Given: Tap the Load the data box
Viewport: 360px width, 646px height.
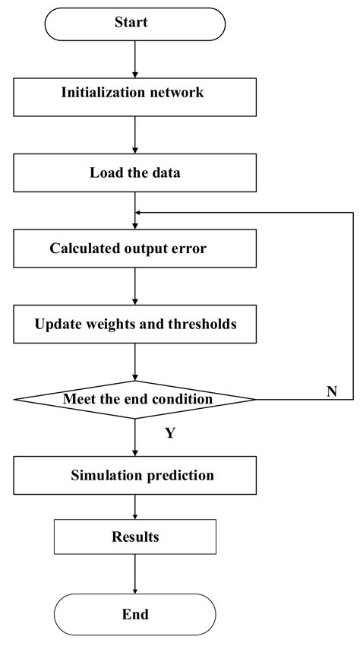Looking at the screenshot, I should tap(135, 172).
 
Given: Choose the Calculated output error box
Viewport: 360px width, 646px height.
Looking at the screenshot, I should tap(135, 248).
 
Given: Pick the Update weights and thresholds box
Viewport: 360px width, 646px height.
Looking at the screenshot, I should tap(135, 324).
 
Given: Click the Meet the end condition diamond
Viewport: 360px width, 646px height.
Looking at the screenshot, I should tap(135, 399).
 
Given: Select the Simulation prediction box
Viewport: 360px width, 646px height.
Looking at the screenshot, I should tap(135, 476).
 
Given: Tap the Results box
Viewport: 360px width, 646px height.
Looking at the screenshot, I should tap(135, 537).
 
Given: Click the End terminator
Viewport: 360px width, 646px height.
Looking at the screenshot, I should tap(135, 614).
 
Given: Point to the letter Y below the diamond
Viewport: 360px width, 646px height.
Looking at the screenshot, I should tap(171, 434).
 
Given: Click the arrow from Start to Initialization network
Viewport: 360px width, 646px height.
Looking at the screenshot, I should tap(135, 58).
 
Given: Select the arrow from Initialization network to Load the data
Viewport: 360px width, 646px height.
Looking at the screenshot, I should tap(135, 134).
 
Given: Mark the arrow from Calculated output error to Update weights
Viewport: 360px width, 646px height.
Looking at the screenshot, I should tap(135, 286).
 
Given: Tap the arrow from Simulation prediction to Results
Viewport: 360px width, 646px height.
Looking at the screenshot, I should tap(135, 508).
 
